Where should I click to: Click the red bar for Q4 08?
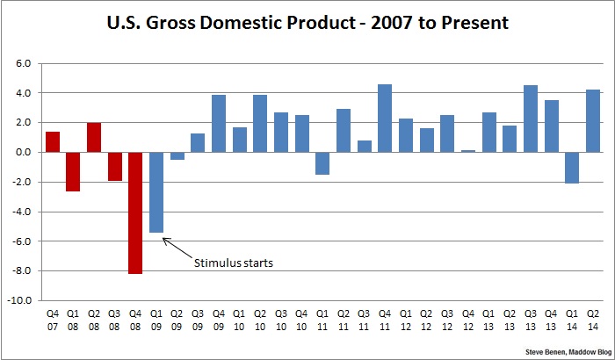pos(135,212)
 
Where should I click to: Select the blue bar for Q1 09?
pos(156,192)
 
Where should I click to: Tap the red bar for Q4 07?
pos(52,141)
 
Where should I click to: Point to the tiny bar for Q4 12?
pos(468,151)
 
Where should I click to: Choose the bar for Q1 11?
pos(322,163)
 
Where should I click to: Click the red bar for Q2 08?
pos(94,137)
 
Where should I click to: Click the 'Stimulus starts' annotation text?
pos(234,262)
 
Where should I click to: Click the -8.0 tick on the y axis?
pos(20,270)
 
